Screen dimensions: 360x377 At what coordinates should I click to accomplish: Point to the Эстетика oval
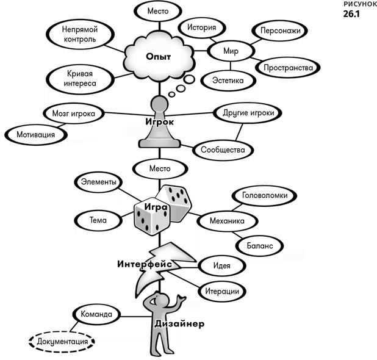click(x=228, y=80)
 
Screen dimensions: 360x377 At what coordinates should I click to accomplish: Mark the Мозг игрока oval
click(x=73, y=113)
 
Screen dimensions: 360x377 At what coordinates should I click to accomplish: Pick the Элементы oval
click(x=98, y=182)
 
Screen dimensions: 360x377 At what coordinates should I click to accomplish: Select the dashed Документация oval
click(x=62, y=342)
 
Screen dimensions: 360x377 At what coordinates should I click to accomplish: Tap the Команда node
click(x=93, y=315)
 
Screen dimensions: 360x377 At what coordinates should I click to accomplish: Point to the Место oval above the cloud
click(x=159, y=11)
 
